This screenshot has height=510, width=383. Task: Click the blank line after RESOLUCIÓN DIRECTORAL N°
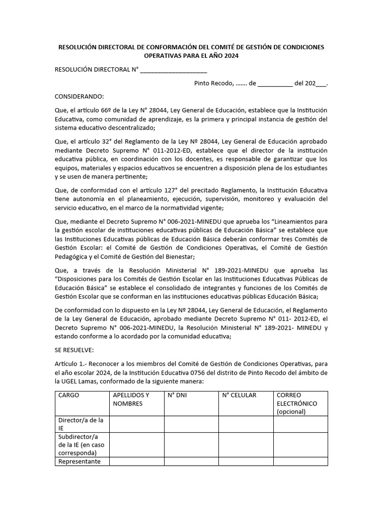[174, 70]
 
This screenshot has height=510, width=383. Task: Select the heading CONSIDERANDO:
[79, 96]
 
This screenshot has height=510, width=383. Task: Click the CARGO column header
[69, 395]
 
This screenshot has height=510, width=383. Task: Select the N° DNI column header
[177, 395]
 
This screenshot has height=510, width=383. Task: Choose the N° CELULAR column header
[239, 395]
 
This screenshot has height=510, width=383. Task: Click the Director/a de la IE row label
[81, 424]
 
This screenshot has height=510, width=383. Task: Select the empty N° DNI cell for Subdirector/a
[191, 445]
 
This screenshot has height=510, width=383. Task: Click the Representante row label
[79, 461]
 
